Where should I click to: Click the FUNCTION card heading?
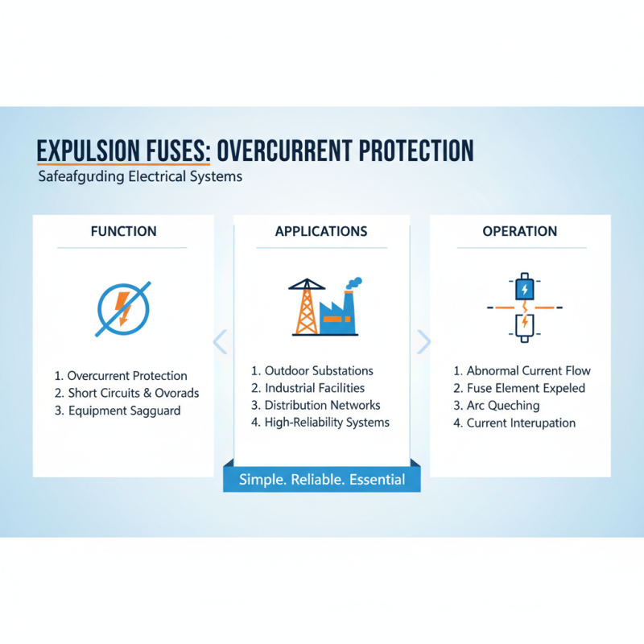[123, 231]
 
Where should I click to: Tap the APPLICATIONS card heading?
[321, 231]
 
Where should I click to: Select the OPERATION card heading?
[519, 231]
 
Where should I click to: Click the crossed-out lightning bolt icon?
[123, 308]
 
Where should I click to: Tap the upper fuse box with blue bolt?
[524, 289]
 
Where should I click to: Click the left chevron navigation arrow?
[220, 341]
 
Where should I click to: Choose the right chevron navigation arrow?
[423, 341]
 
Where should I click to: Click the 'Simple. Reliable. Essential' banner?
[322, 480]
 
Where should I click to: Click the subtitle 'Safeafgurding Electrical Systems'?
[140, 176]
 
